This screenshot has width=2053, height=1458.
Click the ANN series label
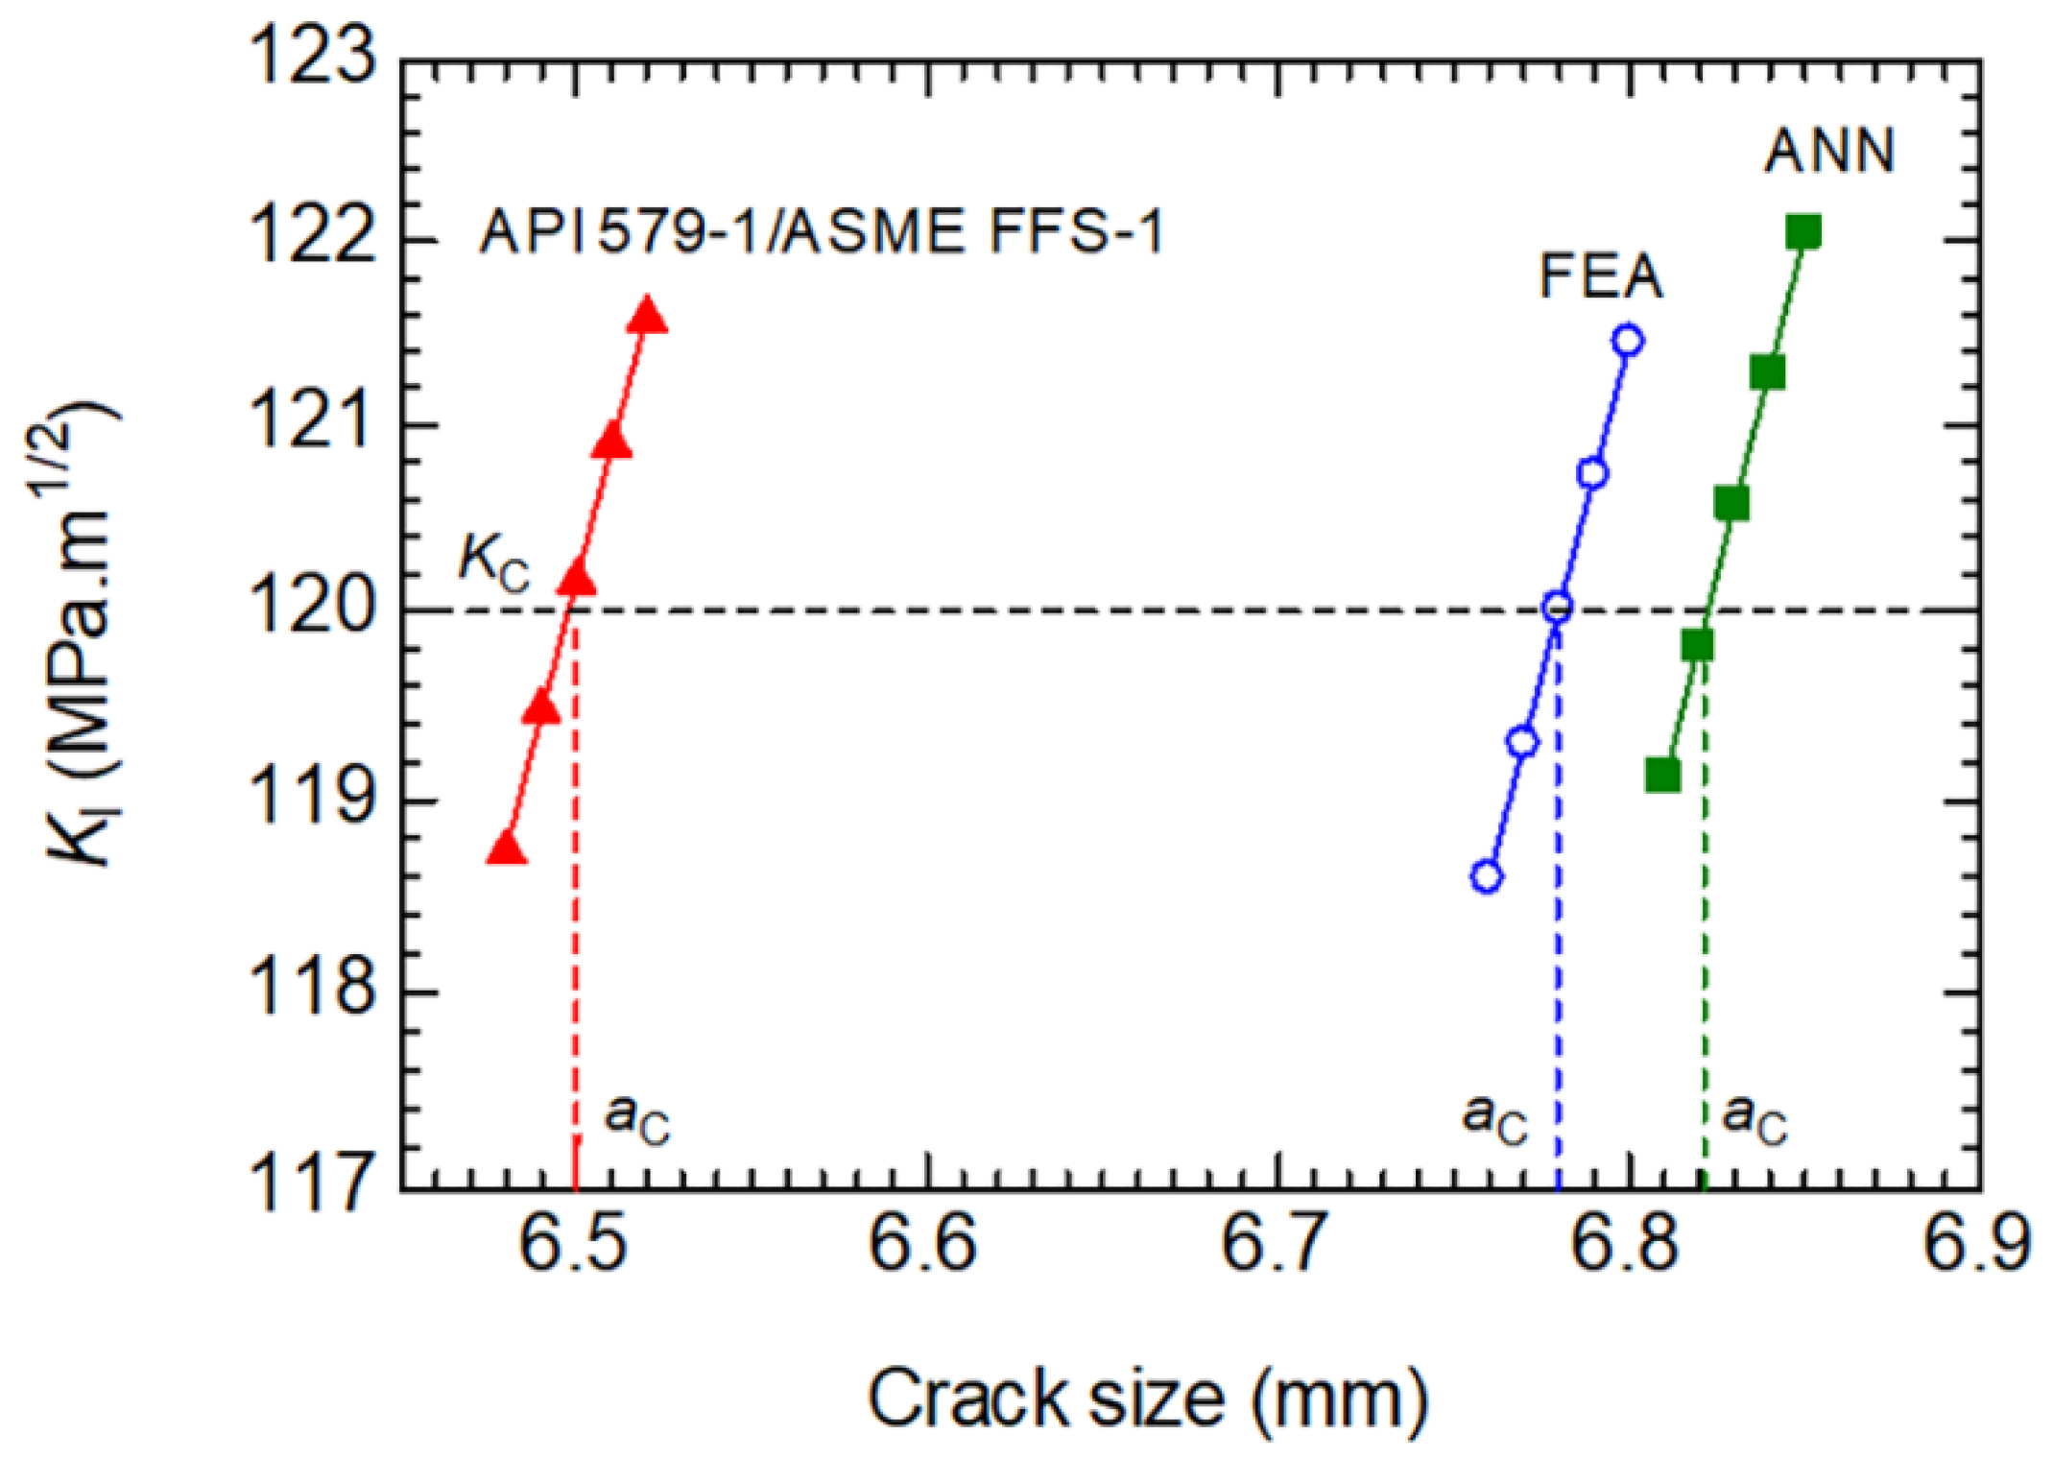[1828, 152]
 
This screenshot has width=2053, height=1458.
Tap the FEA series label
[1600, 276]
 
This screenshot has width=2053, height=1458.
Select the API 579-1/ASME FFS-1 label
[822, 232]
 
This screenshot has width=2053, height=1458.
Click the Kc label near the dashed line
[493, 561]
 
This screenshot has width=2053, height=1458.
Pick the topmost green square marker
[1803, 232]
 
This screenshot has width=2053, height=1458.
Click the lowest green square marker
[1662, 775]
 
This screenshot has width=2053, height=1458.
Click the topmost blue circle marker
[1628, 340]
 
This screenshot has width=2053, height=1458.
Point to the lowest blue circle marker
[1487, 875]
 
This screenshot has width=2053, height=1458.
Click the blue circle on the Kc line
[1557, 607]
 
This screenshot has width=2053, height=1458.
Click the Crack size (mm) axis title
[1148, 1399]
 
